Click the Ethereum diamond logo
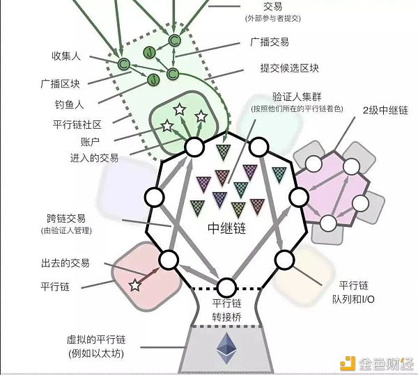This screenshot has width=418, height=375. coord(226,348)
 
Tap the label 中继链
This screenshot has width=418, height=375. coord(227,228)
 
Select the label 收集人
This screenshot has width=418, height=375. coord(66,56)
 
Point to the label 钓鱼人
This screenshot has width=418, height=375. coord(69,104)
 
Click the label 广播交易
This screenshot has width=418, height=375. coord(270,42)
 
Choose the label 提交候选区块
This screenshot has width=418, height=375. coord(290,68)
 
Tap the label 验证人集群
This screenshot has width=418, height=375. coord(297,97)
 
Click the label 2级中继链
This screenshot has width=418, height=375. coord(385,110)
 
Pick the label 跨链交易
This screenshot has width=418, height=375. coord(66,218)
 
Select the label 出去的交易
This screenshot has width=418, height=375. coord(65,263)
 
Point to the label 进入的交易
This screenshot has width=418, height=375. coord(94,158)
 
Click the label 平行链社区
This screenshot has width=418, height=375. coord(77,125)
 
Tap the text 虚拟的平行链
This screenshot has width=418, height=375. coord(96,340)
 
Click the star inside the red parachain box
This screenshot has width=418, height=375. coord(135,285)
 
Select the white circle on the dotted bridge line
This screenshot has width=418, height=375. coord(226,288)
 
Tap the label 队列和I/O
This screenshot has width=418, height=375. coord(353,300)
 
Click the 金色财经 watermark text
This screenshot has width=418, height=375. coord(386,364)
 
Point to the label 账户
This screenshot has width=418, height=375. coord(90,141)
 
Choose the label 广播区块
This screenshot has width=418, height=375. coord(60,84)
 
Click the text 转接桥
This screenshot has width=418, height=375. coord(227,317)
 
